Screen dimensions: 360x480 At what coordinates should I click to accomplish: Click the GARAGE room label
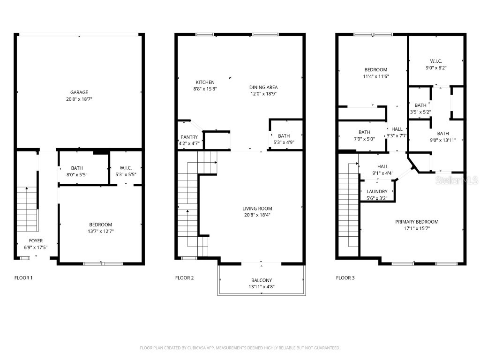click(x=79, y=92)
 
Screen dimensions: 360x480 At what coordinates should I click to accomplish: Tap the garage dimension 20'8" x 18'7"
click(x=79, y=99)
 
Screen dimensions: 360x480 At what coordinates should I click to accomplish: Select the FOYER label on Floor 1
click(x=36, y=241)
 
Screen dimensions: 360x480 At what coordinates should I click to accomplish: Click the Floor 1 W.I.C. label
click(x=125, y=168)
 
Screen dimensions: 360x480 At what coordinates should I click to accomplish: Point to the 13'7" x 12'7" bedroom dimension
click(x=100, y=231)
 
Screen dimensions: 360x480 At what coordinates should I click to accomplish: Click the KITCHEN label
click(x=205, y=82)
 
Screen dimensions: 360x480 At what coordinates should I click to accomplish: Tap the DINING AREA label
click(x=263, y=87)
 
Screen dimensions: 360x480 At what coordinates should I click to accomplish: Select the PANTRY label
click(x=190, y=137)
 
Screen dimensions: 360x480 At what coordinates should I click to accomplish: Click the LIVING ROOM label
click(x=257, y=209)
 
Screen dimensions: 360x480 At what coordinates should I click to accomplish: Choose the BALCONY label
click(x=261, y=280)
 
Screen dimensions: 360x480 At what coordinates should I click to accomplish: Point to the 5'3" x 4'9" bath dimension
click(x=284, y=142)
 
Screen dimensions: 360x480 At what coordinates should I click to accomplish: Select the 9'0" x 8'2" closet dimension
click(x=436, y=67)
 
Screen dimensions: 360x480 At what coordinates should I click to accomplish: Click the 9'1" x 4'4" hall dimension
click(x=382, y=173)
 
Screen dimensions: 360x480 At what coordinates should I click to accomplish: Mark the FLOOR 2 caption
click(x=184, y=277)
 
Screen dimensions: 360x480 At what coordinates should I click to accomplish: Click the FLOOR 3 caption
click(x=345, y=277)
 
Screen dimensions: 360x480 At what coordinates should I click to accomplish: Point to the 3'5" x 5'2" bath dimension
click(x=420, y=112)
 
